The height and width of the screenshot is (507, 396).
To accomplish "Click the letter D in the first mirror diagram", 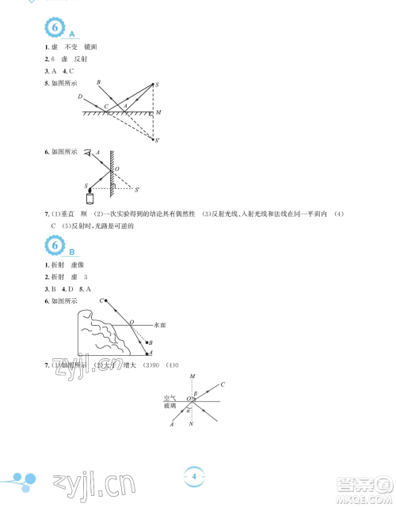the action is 81,96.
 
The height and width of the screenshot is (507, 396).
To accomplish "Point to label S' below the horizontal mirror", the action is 158,141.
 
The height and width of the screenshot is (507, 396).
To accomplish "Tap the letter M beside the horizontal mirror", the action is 159,112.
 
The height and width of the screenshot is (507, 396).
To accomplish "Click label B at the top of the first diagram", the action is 98,82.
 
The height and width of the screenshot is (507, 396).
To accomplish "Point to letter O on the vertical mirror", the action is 117,168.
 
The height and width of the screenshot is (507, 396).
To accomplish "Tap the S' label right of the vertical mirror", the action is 137,190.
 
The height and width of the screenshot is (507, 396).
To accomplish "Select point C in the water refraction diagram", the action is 101,301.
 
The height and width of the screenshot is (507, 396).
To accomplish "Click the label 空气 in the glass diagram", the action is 169,397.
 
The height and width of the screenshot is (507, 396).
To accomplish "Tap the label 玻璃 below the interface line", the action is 169,405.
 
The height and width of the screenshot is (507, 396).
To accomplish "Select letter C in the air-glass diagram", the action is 223,384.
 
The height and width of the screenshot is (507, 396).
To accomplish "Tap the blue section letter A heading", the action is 72,36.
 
